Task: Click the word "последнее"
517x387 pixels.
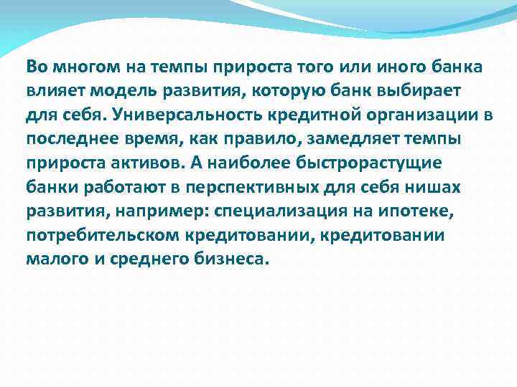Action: [67, 138]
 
